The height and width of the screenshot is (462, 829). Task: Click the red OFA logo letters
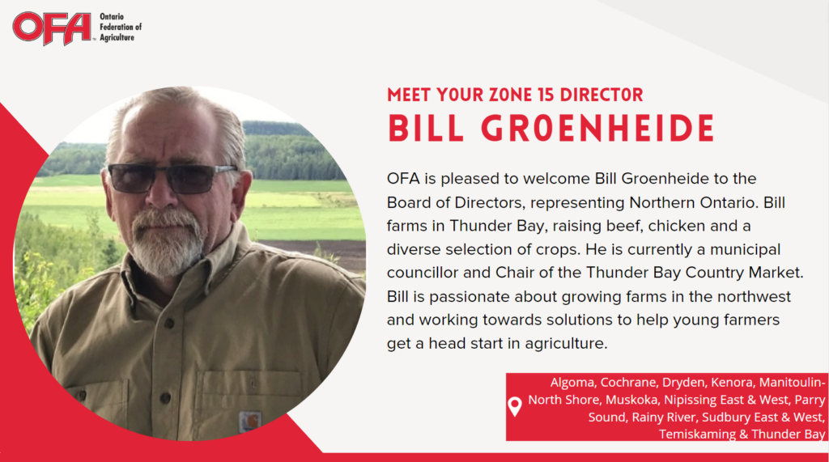click(52, 28)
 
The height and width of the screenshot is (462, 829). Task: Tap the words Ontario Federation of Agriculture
click(121, 28)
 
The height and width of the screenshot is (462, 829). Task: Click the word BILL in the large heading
click(426, 129)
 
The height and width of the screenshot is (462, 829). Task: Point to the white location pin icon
click(515, 406)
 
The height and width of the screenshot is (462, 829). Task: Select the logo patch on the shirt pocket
click(249, 422)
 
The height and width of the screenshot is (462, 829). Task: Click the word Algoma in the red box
click(572, 382)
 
